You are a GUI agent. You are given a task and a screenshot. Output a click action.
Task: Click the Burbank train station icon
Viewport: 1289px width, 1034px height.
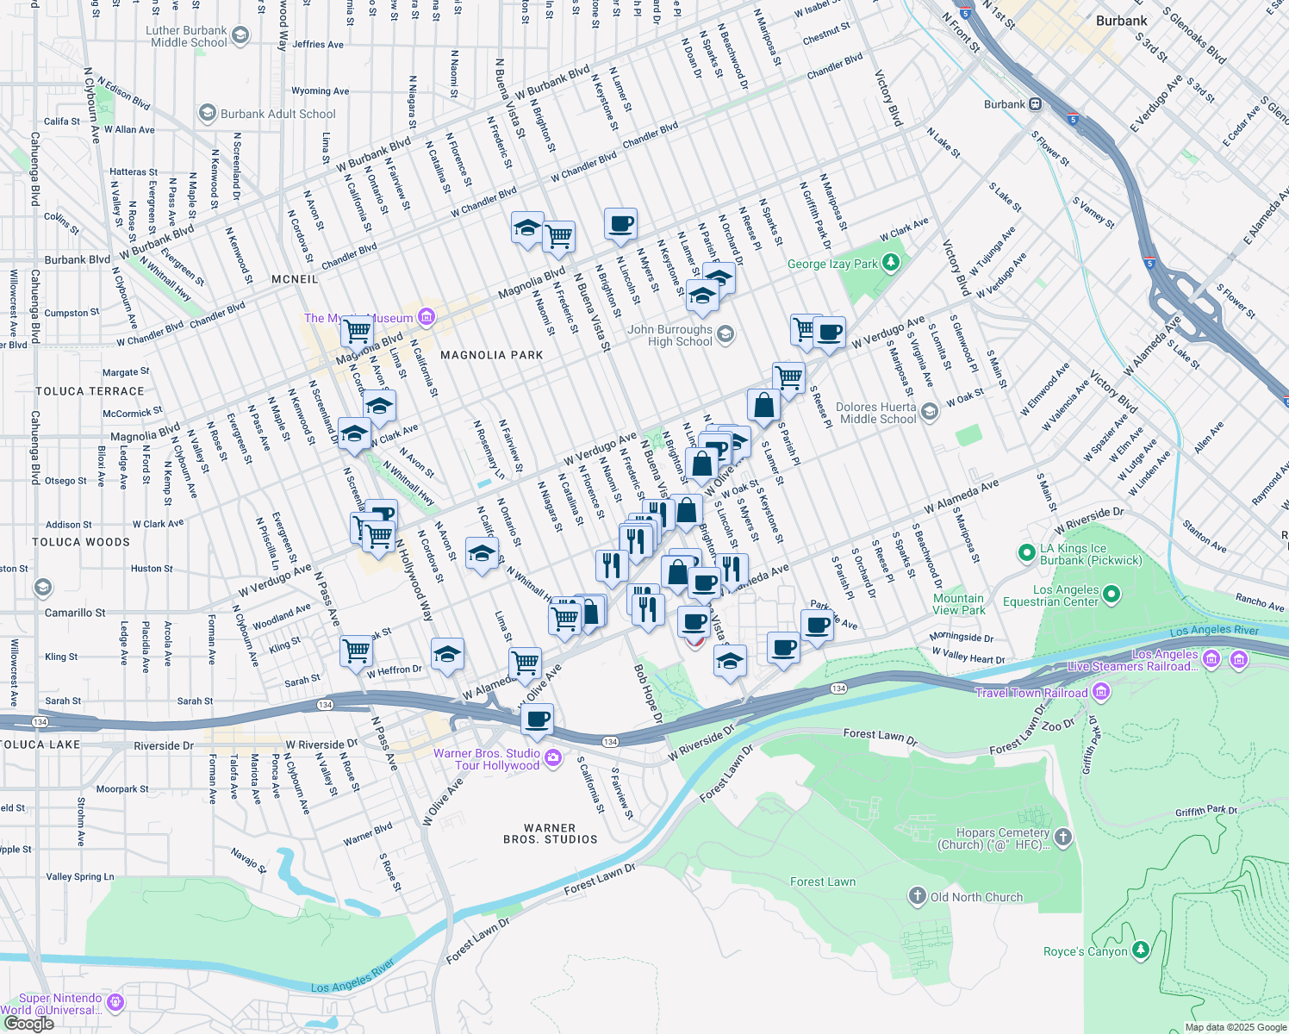coord(1035,104)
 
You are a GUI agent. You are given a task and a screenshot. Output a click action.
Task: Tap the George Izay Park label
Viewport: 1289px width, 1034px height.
coord(832,264)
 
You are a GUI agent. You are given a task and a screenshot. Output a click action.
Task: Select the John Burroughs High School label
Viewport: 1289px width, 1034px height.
coord(669,335)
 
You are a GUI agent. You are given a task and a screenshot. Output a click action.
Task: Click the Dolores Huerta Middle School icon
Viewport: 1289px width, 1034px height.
coord(929,412)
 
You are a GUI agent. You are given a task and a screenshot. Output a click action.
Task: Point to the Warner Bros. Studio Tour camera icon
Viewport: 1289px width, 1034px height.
coord(553,758)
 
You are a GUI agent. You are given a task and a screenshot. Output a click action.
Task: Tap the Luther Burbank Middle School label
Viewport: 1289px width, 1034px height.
coord(188,36)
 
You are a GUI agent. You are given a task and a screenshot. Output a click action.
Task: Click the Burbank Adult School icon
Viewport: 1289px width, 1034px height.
coord(207,113)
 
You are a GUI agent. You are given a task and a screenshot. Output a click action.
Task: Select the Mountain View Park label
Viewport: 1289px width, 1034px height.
coord(958,604)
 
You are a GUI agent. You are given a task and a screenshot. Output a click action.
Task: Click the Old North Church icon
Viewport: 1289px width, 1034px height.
coord(917,896)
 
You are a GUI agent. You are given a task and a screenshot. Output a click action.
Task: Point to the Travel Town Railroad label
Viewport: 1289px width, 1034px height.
coord(1031,693)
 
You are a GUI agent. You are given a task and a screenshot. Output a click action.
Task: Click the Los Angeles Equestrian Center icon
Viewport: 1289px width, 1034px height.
coord(1111,593)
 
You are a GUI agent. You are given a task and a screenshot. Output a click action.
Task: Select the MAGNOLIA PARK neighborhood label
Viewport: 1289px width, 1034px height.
coord(491,355)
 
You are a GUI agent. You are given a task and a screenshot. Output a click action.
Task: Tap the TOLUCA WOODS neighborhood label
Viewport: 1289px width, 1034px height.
coord(81,542)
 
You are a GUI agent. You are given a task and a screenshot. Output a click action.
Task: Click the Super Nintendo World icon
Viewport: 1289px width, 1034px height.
coord(115,1002)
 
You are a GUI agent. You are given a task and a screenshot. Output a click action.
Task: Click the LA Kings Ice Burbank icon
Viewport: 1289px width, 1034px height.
coord(1025,551)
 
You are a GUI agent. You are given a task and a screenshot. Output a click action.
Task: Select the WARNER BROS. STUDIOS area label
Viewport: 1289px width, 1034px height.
coord(550,833)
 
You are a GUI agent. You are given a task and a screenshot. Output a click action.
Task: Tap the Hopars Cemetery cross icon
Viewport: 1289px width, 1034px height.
coord(1063,837)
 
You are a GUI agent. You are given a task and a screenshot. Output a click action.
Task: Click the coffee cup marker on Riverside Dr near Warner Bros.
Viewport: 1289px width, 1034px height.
coord(537,719)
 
